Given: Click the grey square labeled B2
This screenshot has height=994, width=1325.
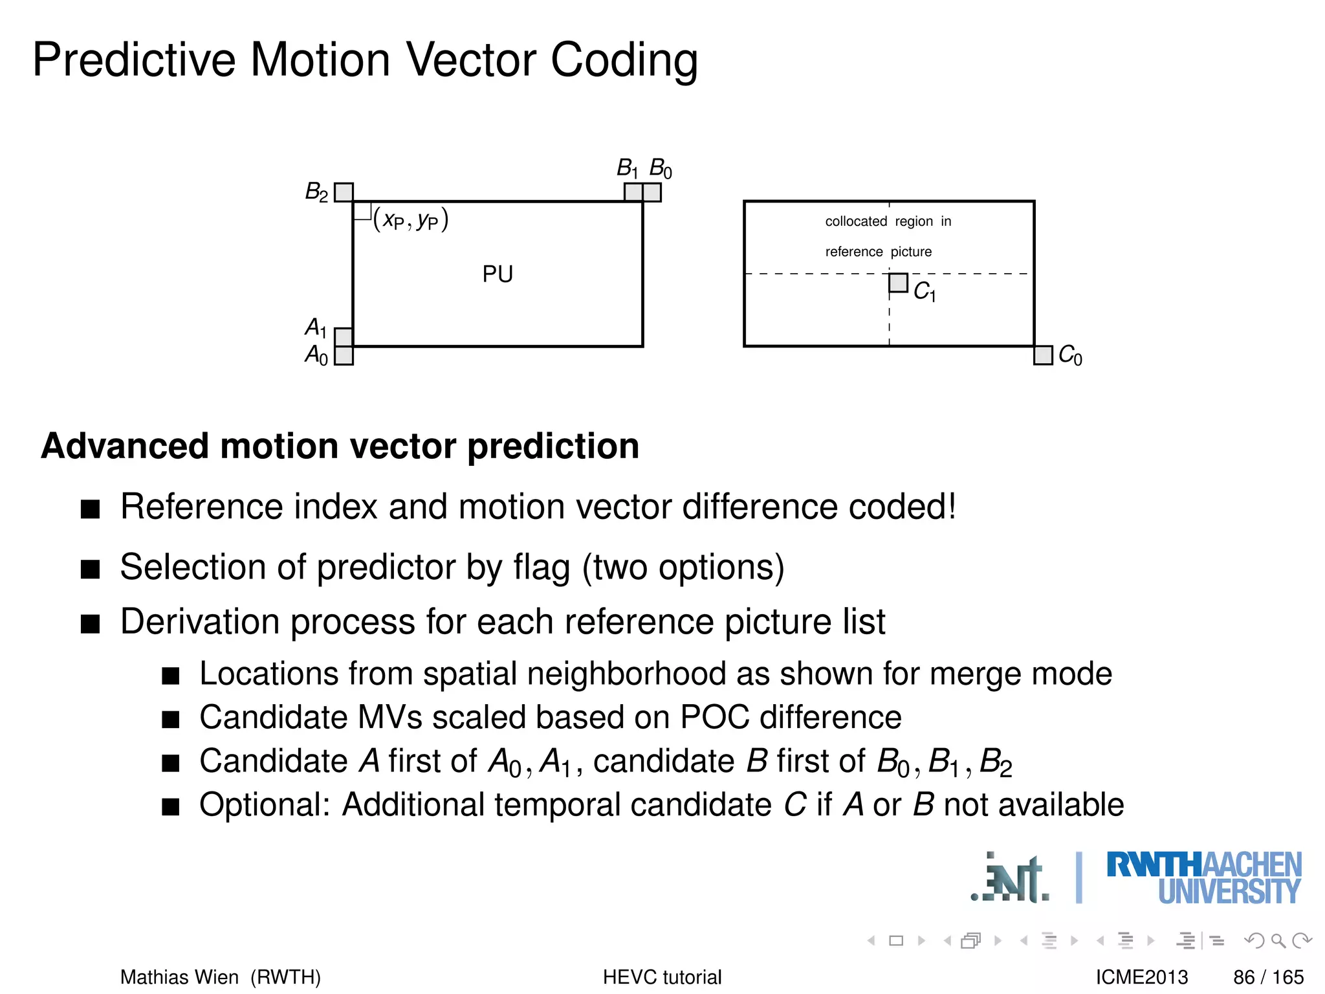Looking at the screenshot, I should pos(344,192).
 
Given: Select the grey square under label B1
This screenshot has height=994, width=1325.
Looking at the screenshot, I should pos(633,192).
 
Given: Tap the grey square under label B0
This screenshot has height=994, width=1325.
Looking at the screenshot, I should pos(652,192).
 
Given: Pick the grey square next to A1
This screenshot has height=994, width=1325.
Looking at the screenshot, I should pos(344,337).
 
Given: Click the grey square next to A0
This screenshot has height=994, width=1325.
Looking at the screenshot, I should pos(344,356).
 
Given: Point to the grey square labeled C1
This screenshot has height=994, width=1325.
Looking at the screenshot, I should pos(898,283).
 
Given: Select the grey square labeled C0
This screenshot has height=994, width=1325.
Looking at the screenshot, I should pos(1043,355).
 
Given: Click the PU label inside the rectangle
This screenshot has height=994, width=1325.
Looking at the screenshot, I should pos(498,274).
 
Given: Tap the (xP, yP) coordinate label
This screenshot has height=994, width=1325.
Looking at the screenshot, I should pos(411,220).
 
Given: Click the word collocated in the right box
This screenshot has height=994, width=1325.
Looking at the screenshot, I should pos(855,221).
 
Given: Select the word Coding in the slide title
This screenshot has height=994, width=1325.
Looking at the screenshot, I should pos(624,60).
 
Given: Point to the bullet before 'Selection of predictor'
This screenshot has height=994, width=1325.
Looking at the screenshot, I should pos(91,569).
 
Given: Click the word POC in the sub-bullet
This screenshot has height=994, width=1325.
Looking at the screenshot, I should pos(715,718).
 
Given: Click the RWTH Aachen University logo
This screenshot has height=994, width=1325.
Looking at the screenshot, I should pos(1203,878).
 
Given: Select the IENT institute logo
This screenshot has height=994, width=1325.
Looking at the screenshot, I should pos(1011,879).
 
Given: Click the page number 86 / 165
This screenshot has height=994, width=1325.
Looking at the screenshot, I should pos(1268,977).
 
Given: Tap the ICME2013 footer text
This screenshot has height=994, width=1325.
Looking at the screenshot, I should pos(1141,977).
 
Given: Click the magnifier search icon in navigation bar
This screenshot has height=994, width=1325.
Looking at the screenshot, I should pos(1278,940).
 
